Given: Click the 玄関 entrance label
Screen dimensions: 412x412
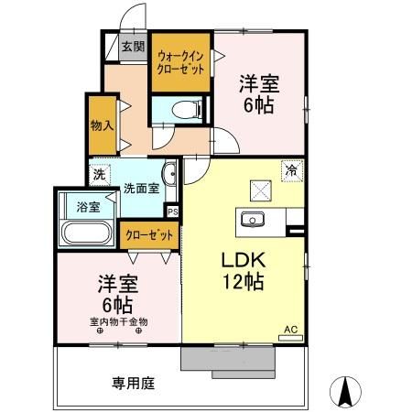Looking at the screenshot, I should click(x=133, y=48).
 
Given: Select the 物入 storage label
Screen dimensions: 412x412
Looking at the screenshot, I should click(x=100, y=125).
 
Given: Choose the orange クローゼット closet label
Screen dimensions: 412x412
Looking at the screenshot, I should click(x=149, y=235).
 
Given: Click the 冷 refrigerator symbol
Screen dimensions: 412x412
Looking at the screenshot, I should click(x=290, y=170).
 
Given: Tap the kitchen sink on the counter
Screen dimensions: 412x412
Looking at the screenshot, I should click(x=251, y=219).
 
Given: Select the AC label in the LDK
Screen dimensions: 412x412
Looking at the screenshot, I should click(x=290, y=329).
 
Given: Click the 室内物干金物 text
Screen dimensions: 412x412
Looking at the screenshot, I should click(x=118, y=321).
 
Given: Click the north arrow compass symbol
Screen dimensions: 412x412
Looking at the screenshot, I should click(x=347, y=391).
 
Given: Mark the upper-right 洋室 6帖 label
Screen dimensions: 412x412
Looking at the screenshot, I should click(x=258, y=92).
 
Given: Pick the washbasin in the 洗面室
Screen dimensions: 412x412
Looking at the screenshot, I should click(x=168, y=175).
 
